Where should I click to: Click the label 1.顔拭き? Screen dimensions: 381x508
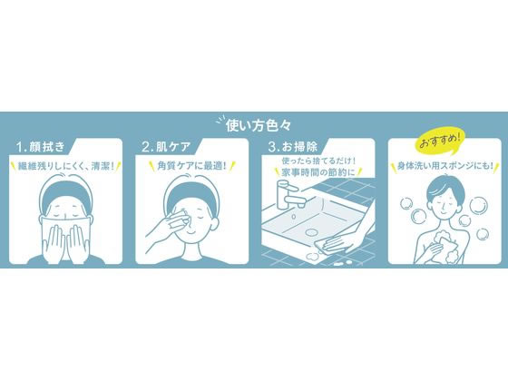(42, 146)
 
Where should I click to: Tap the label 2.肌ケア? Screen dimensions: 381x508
(166, 146)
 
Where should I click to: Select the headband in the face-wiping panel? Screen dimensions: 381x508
(66, 194)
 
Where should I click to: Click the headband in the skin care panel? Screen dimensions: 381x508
(191, 193)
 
